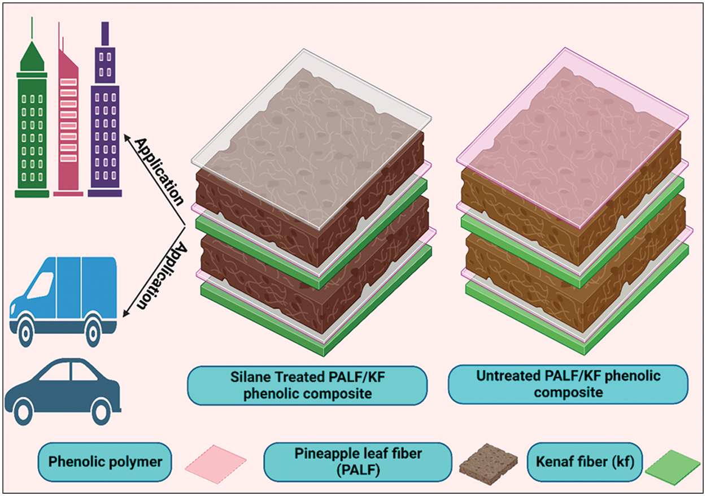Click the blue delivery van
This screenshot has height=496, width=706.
click(x=65, y=294)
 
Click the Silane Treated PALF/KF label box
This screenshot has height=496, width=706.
click(x=307, y=385)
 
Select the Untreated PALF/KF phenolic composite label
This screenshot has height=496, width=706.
click(x=568, y=384)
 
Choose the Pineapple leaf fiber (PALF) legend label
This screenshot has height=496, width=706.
click(x=358, y=462)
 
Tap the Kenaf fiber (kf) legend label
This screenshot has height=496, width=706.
click(x=581, y=462)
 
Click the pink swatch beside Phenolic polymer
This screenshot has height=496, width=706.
click(x=215, y=462)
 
